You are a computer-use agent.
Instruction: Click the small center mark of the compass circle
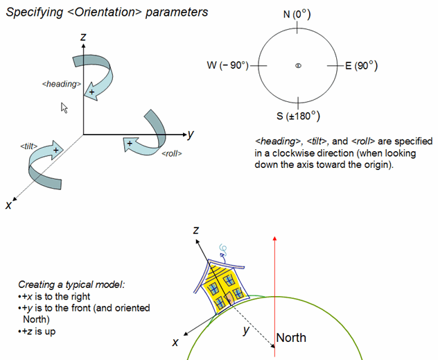coord(297,66)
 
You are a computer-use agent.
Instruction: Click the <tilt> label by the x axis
coord(28,147)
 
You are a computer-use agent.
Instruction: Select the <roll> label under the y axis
coord(171,153)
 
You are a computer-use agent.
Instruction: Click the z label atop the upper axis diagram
coord(82,39)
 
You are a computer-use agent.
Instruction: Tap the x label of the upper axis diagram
coord(8,205)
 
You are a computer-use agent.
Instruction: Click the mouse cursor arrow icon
coord(64,108)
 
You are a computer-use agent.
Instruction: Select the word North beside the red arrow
coord(291,338)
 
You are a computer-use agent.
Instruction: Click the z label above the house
coord(197,230)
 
